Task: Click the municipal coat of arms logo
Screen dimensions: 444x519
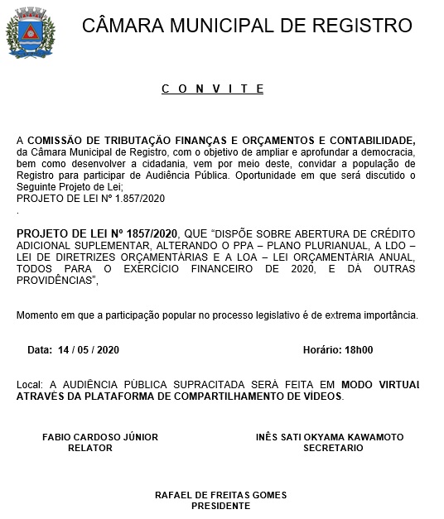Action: [x=31, y=33]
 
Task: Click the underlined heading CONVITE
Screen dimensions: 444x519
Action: [x=212, y=89]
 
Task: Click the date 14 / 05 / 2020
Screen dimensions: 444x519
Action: [x=89, y=350]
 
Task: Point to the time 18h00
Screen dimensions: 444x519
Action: [x=359, y=350]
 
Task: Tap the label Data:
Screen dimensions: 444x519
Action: [x=39, y=350]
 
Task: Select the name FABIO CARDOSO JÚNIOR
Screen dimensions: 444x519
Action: [x=100, y=436]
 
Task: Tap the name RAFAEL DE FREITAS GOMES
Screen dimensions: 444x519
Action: [x=220, y=495]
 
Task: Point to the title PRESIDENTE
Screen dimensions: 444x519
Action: [x=220, y=505]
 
